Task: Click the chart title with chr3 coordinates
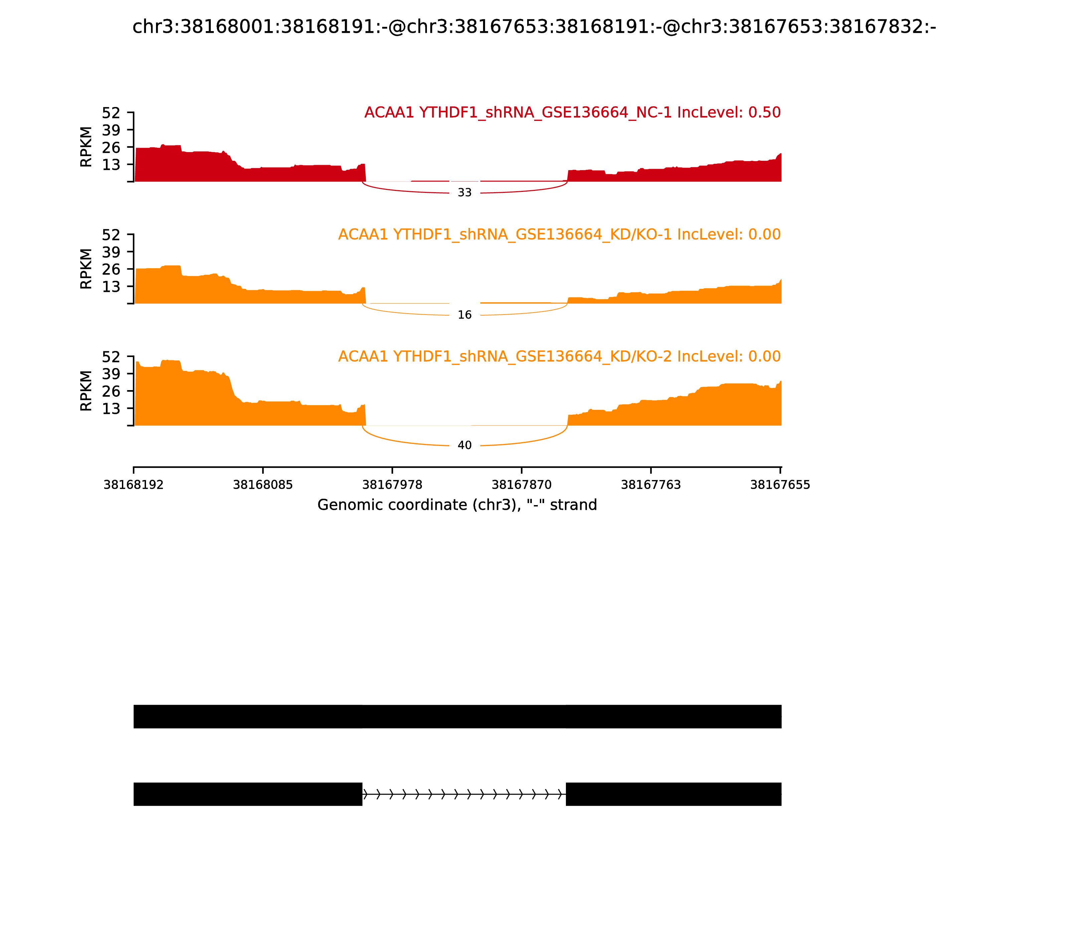coord(534,27)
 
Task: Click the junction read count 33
coord(465,193)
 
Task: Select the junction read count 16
coord(465,315)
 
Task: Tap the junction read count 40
coord(465,446)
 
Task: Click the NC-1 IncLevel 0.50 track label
coord(572,113)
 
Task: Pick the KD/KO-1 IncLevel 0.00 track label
coord(559,235)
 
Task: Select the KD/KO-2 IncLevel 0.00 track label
coord(559,357)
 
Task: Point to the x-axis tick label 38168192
coord(134,485)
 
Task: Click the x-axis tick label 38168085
coord(263,485)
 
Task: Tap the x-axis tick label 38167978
coord(392,485)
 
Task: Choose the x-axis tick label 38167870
coord(521,485)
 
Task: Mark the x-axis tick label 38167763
coord(650,485)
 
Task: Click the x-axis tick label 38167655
coord(780,485)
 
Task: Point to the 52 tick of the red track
coord(111,113)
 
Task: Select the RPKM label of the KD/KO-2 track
coord(86,391)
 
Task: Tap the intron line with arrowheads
coord(464,795)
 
